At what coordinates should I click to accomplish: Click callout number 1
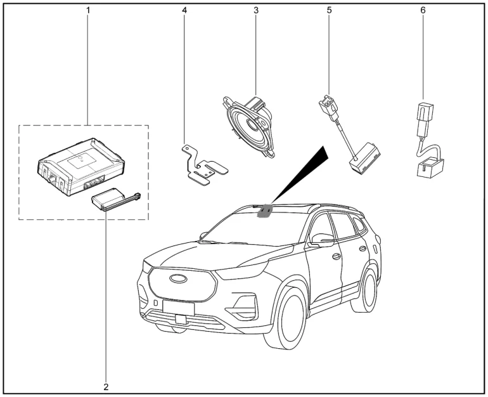click(x=87, y=11)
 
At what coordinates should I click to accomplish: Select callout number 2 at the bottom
click(x=106, y=386)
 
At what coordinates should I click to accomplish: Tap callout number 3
click(x=255, y=11)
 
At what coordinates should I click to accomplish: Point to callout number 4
click(x=185, y=11)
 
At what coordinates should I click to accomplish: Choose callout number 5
click(x=330, y=11)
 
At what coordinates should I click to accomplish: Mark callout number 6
click(x=423, y=11)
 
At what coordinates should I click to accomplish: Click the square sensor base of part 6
click(x=428, y=168)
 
